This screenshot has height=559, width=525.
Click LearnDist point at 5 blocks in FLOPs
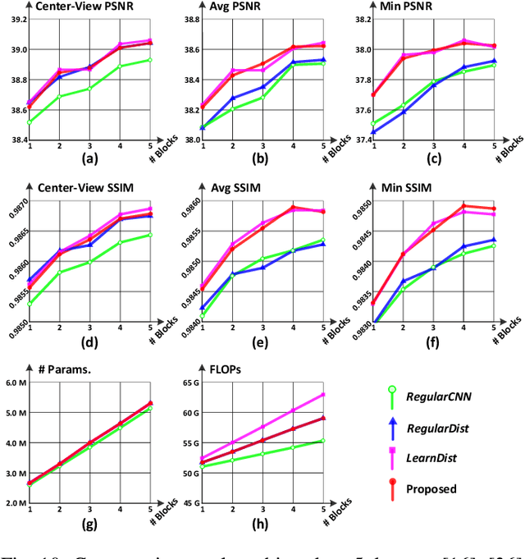(323, 395)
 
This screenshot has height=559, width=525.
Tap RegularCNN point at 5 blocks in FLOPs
(323, 441)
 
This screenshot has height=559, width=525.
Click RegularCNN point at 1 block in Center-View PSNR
(30, 122)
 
